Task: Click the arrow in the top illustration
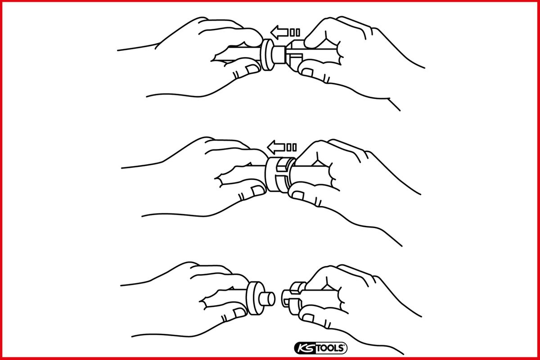click(x=279, y=32)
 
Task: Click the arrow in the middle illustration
click(x=276, y=147)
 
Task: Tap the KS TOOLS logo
click(x=320, y=348)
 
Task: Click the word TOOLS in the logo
click(x=330, y=348)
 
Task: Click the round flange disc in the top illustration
click(x=267, y=55)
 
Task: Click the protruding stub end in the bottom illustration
click(x=267, y=299)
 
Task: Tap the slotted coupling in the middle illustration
click(x=279, y=175)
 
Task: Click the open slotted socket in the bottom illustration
click(x=293, y=298)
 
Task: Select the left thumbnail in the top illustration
click(x=252, y=69)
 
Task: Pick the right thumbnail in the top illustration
click(x=308, y=72)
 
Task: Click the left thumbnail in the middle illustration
click(x=258, y=190)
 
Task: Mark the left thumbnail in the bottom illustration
click(x=239, y=312)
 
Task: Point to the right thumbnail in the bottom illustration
click(x=308, y=318)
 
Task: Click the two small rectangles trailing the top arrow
click(x=295, y=32)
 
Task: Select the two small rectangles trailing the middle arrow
click(x=292, y=147)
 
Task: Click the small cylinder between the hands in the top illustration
click(x=279, y=55)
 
